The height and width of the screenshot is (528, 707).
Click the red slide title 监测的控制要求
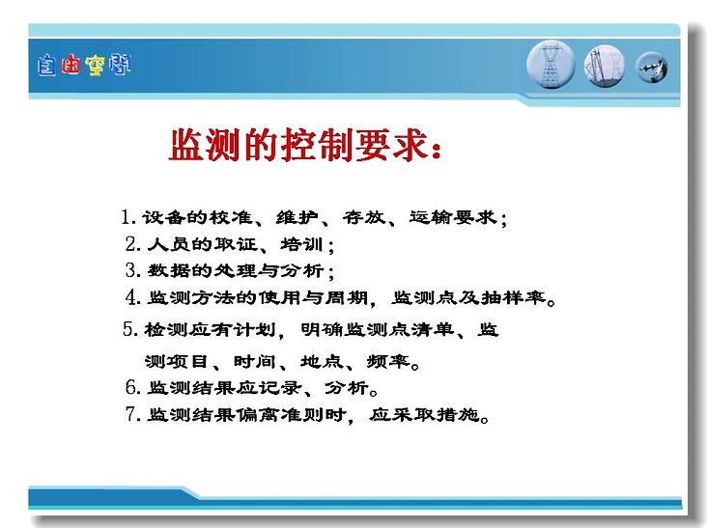pos(305,144)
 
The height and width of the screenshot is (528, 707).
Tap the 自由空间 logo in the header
pos(84,66)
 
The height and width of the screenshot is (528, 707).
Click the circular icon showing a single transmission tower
pos(551,65)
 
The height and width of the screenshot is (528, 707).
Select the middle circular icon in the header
pos(605,67)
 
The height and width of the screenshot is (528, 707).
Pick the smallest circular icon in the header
pos(652,68)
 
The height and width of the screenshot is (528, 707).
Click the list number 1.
pos(127,217)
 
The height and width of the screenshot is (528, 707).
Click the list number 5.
pos(129,329)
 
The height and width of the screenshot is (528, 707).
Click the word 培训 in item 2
pos(301,244)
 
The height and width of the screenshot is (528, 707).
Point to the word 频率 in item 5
pos(388,361)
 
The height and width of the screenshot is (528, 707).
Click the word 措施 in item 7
pos(457,414)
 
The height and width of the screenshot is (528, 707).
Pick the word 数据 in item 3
pos(169,270)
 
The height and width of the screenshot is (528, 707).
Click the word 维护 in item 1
pos(297,217)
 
